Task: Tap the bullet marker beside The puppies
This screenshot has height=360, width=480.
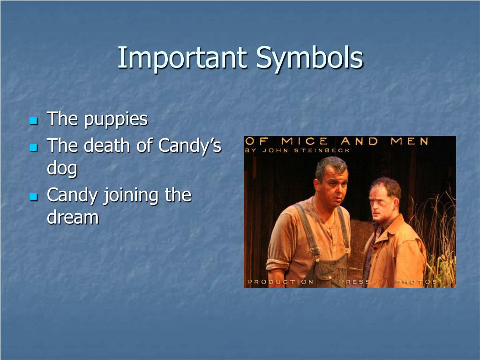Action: [33, 121]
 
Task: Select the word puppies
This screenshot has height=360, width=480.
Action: [116, 120]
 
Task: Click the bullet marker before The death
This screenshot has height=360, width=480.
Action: [33, 148]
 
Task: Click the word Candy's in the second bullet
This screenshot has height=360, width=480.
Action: [190, 146]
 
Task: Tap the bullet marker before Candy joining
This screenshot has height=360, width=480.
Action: [33, 197]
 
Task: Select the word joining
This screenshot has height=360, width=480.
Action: [131, 195]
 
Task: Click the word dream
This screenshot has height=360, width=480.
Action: [73, 217]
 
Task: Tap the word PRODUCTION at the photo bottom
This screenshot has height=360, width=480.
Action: [280, 282]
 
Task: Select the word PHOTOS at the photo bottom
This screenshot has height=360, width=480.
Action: [416, 282]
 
